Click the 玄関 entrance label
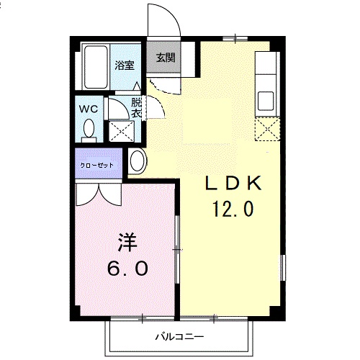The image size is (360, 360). pos(166,58)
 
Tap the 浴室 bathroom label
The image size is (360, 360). pos(125,66)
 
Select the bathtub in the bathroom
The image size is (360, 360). pos(96,67)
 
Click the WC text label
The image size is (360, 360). pos(89,109)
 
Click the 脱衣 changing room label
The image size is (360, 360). pos(136,108)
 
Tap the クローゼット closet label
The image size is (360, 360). pos(96,165)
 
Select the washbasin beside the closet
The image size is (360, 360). pos(138,161)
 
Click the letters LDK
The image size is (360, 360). pos(233,183)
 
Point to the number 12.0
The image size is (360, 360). pos(233,209)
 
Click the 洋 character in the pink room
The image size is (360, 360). pos(127,243)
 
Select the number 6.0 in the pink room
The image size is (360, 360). pos(127,268)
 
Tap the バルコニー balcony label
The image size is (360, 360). pos(179,337)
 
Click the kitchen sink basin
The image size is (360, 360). pos(266,101)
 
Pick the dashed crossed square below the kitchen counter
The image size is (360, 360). pos(267,129)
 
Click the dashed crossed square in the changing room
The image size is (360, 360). pos(122,131)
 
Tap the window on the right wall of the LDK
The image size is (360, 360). pos(283,268)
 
